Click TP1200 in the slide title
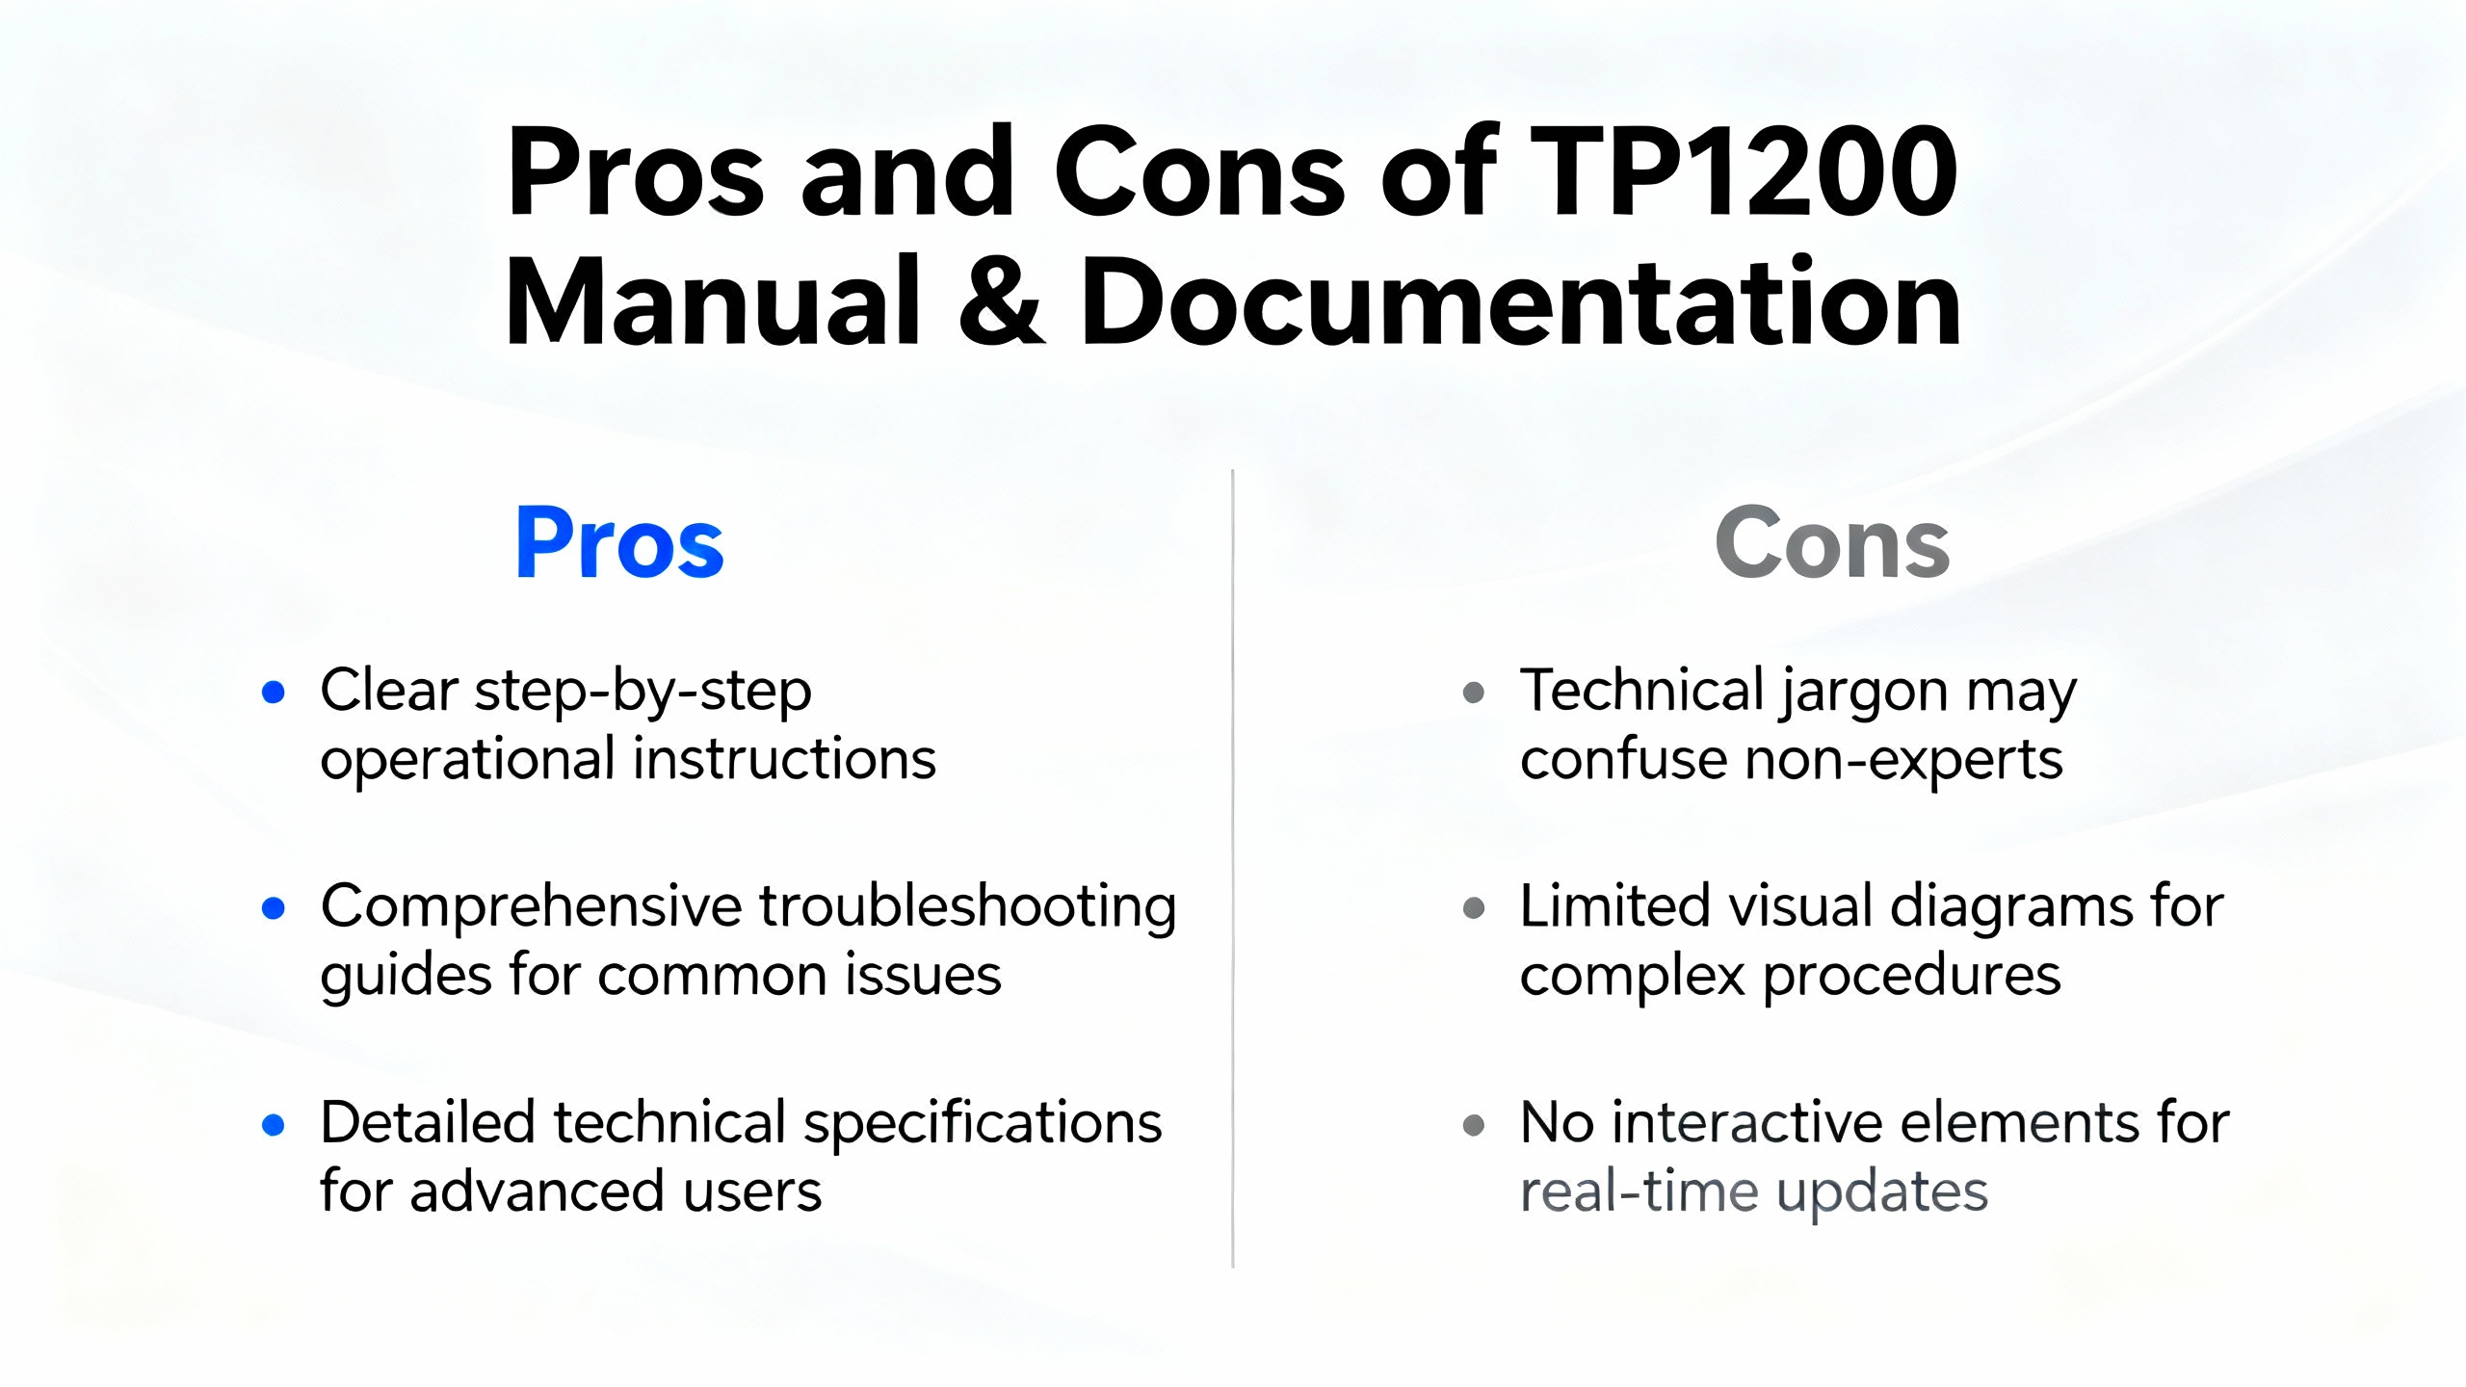tap(1744, 171)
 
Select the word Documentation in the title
tap(1521, 301)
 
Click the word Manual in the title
tap(714, 301)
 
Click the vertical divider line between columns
tap(1232, 868)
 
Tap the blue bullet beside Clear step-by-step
tap(274, 692)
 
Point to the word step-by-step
tap(643, 692)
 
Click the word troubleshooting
tap(968, 907)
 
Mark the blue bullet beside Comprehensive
tap(274, 907)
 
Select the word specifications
tap(983, 1124)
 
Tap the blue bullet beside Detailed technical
tap(274, 1124)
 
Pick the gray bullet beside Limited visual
tap(1474, 907)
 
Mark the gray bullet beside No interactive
tap(1474, 1124)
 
